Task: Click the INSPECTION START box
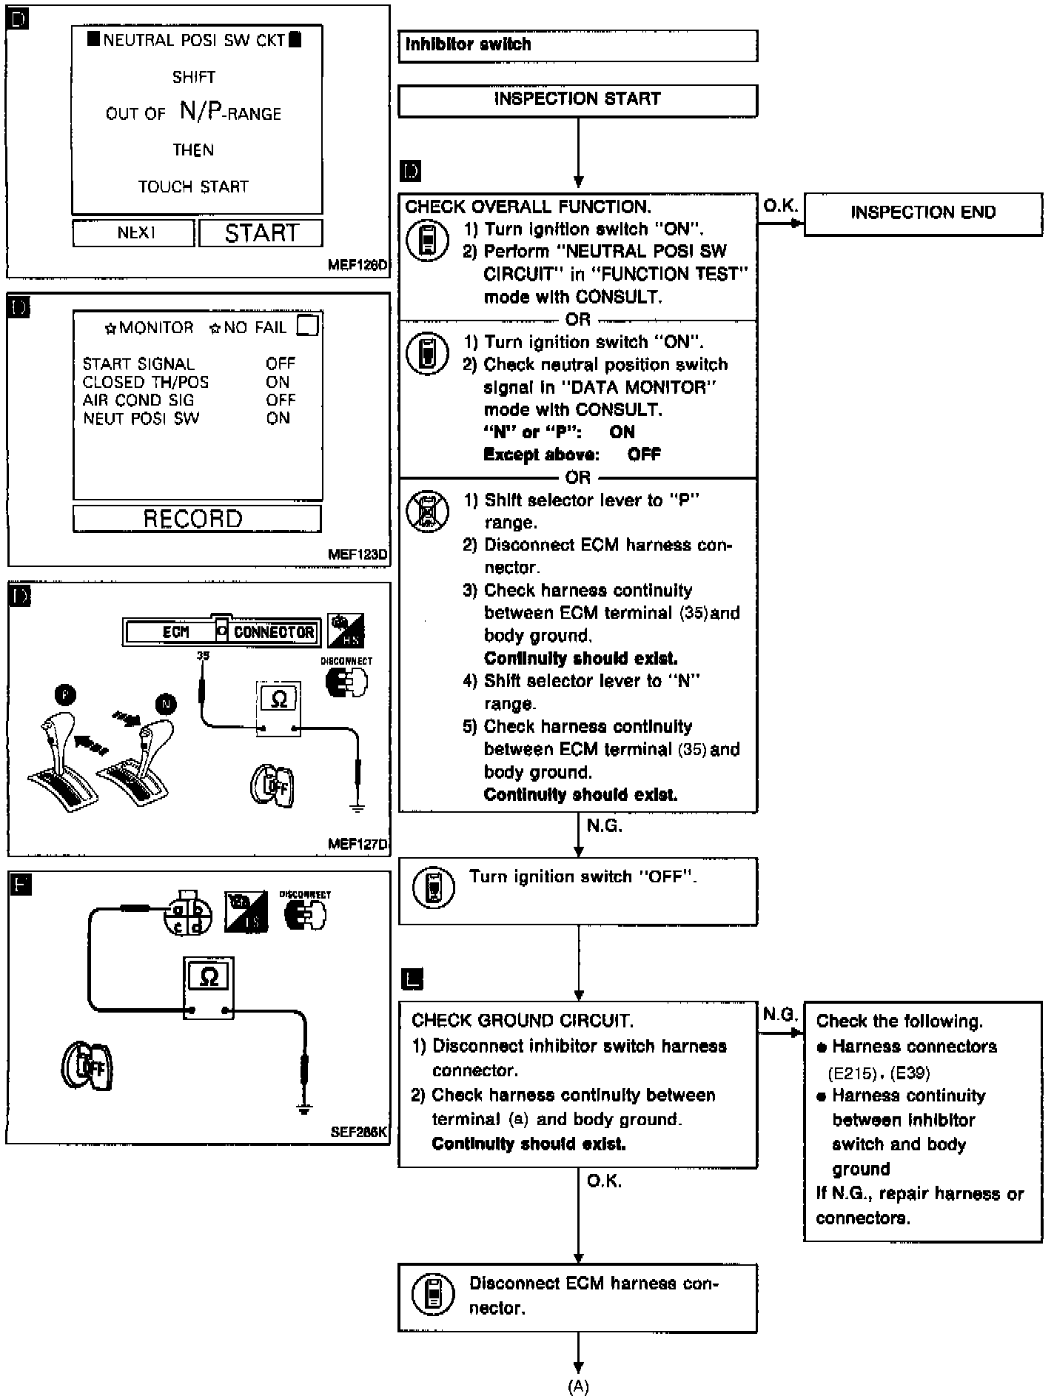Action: pos(577,100)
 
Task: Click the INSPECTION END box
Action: pos(922,213)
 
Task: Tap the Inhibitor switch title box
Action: pos(577,45)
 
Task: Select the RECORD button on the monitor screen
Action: pos(196,518)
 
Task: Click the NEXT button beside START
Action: pos(134,233)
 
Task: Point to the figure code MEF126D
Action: pos(358,265)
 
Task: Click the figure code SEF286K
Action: pos(358,1132)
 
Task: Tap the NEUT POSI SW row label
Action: pos(141,418)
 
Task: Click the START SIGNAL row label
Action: pos(138,363)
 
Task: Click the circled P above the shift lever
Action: pos(65,695)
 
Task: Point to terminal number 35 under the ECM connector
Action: pos(204,656)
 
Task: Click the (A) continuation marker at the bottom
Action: pos(578,1386)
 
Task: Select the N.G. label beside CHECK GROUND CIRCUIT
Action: pos(779,1014)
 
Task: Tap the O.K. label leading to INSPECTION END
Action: pos(779,206)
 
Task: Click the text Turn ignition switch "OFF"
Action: pos(583,877)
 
